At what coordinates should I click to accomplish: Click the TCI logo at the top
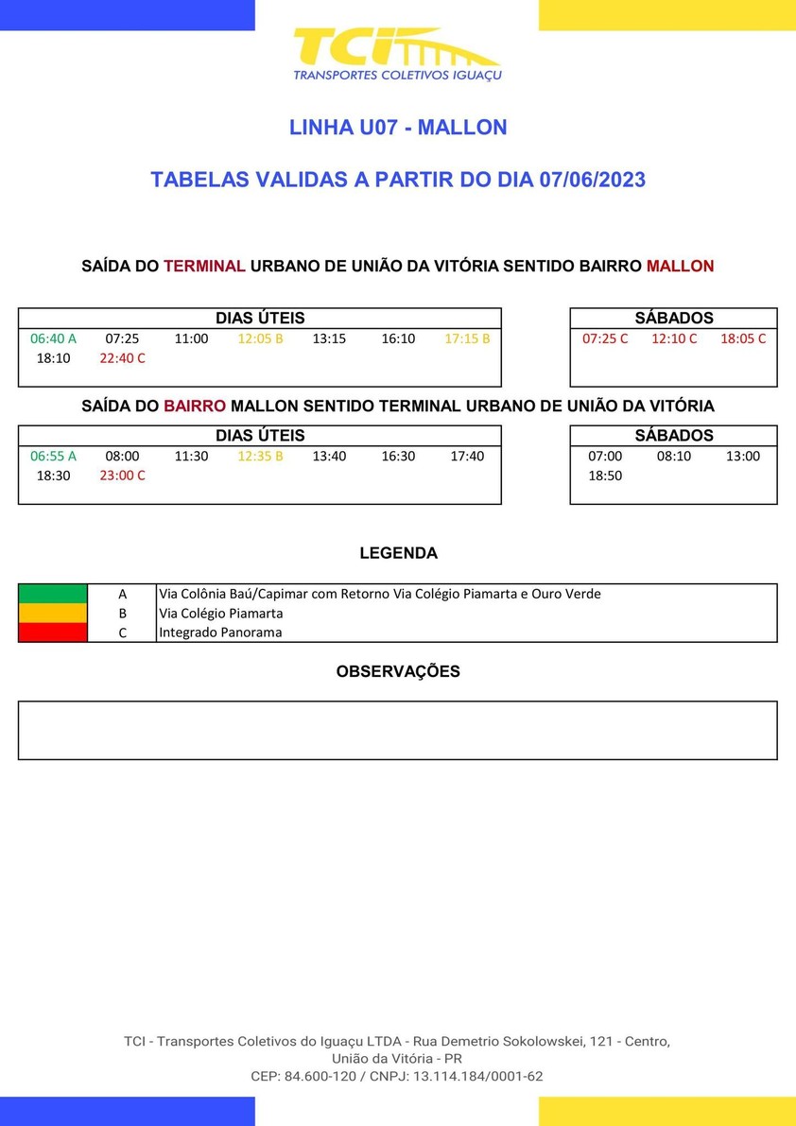(x=397, y=54)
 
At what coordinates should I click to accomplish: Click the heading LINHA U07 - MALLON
(x=398, y=127)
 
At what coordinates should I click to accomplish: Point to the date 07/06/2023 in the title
(x=593, y=180)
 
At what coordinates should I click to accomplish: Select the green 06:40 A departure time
(x=53, y=338)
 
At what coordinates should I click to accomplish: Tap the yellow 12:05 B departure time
(x=260, y=338)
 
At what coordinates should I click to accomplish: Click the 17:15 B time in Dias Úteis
(x=467, y=338)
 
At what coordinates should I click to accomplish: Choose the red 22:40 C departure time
(x=123, y=358)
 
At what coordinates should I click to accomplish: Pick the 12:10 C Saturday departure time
(x=674, y=338)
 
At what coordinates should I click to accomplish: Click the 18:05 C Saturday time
(x=743, y=338)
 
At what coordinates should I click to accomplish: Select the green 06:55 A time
(x=53, y=456)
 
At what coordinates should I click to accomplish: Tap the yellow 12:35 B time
(x=260, y=456)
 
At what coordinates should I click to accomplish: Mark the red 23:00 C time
(x=123, y=476)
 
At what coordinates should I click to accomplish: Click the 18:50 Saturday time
(x=605, y=476)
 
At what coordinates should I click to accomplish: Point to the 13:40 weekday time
(x=329, y=456)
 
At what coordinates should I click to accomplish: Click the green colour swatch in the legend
(x=53, y=594)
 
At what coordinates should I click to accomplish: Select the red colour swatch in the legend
(x=53, y=632)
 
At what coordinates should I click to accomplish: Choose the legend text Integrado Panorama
(x=220, y=632)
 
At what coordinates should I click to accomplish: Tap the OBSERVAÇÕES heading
(x=398, y=671)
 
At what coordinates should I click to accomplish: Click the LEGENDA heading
(x=398, y=553)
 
